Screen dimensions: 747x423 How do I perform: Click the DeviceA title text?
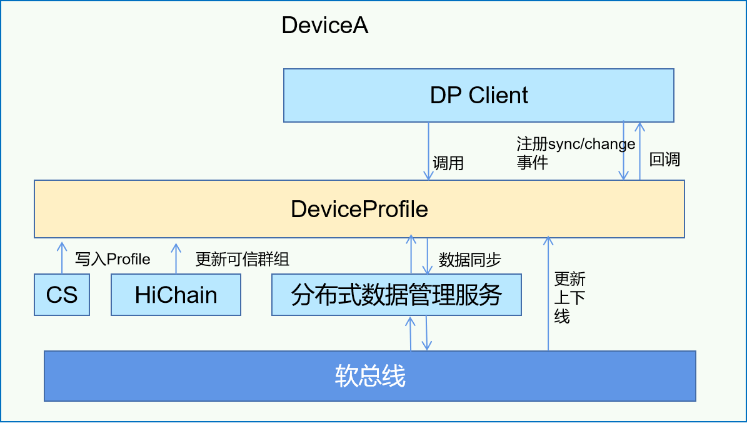[325, 25]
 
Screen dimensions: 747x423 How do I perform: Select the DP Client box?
[478, 95]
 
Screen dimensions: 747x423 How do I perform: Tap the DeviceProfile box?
[359, 209]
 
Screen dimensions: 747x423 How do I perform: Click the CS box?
[62, 295]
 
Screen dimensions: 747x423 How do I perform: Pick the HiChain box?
[176, 295]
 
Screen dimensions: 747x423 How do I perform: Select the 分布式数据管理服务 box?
[396, 295]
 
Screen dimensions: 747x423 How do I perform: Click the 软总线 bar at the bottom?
[369, 376]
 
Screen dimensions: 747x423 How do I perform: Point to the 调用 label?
[448, 163]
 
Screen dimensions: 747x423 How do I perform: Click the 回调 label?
[664, 160]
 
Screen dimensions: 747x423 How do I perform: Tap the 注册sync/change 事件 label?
[576, 153]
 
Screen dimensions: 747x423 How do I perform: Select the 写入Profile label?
[113, 259]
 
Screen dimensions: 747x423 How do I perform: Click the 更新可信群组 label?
[242, 259]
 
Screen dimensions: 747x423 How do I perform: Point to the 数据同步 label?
[469, 260]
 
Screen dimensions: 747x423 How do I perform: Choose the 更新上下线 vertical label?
[569, 298]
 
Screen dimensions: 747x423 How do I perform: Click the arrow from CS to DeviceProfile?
[62, 258]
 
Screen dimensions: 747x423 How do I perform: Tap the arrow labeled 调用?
[428, 151]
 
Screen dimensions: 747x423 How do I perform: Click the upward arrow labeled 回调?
[640, 151]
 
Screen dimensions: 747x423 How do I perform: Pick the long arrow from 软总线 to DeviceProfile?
[548, 293]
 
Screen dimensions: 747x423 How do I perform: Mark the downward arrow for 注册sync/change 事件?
[624, 151]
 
